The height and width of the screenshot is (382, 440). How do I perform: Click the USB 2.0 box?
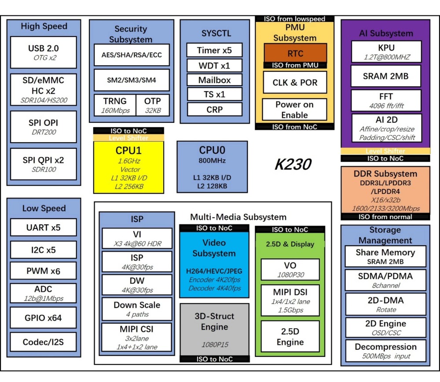[44, 52]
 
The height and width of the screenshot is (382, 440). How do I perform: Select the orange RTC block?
[295, 53]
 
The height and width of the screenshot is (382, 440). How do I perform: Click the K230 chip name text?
[293, 165]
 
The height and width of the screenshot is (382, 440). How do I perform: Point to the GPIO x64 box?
[44, 317]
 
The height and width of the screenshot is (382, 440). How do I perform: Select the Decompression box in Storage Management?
[385, 351]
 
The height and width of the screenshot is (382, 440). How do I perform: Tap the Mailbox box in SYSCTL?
[214, 80]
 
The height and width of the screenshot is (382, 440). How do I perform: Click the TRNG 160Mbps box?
[115, 106]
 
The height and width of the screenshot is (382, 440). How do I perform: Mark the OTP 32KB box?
[152, 106]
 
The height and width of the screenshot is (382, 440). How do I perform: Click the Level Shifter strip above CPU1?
[128, 138]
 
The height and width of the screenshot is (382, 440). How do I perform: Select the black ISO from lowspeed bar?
[294, 19]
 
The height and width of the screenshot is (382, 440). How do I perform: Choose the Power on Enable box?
[294, 110]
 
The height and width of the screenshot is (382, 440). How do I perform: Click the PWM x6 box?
[44, 271]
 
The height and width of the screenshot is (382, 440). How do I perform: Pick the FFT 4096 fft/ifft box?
[386, 100]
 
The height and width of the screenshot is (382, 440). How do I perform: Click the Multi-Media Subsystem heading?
[238, 217]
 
